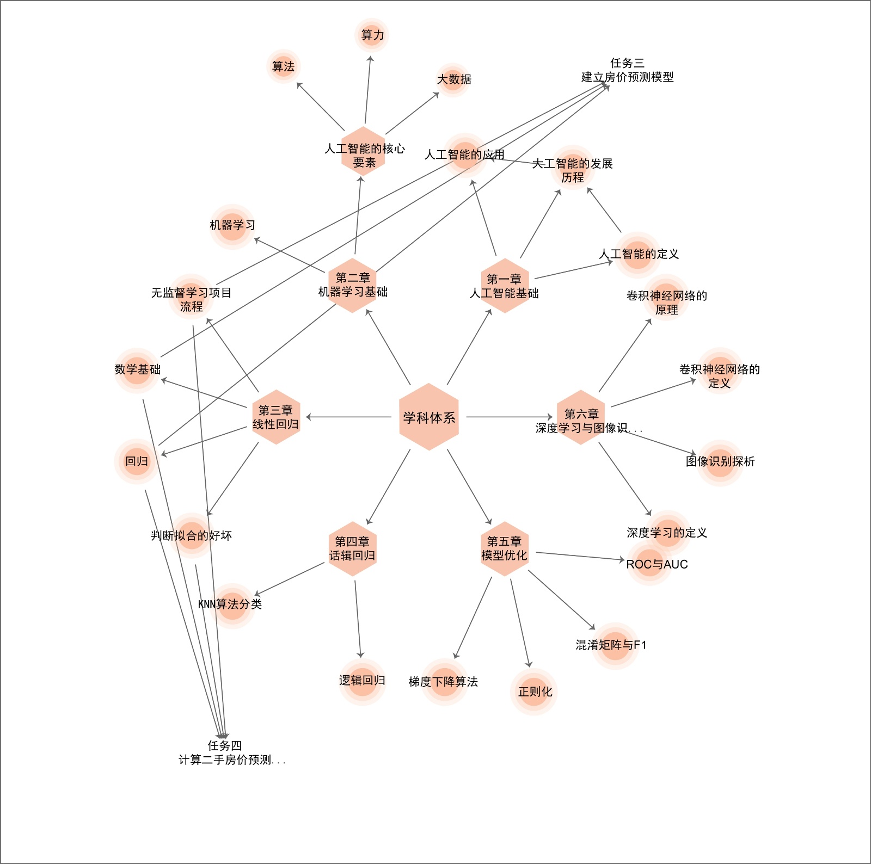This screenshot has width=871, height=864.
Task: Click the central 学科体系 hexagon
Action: click(x=429, y=417)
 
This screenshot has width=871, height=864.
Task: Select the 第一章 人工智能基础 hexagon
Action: click(x=505, y=286)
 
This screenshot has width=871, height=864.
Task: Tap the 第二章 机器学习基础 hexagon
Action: click(x=353, y=285)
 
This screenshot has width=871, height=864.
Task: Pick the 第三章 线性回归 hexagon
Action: click(x=276, y=417)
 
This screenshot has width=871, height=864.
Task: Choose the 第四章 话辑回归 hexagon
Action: click(x=352, y=548)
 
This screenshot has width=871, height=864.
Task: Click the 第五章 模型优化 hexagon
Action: click(x=504, y=548)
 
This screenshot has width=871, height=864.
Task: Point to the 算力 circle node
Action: click(x=372, y=35)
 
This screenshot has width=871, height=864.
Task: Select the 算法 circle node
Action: click(x=284, y=66)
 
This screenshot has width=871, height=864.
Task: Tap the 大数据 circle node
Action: click(x=453, y=79)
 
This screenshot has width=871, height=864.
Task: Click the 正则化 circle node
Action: click(x=534, y=692)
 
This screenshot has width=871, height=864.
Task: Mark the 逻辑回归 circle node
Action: click(x=362, y=681)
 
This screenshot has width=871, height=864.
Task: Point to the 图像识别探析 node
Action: click(x=720, y=462)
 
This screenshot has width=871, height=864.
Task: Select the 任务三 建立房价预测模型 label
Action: click(x=627, y=70)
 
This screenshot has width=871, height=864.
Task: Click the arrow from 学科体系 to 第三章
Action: click(x=348, y=417)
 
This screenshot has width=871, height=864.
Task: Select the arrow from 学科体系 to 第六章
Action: click(x=509, y=417)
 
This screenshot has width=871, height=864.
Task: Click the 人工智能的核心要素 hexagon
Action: click(x=364, y=152)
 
